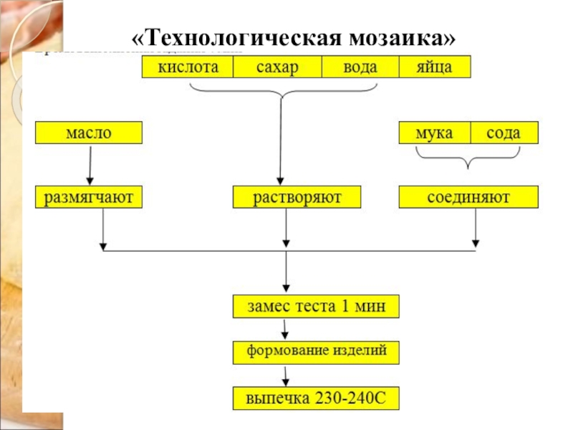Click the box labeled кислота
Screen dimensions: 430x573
[x=188, y=67]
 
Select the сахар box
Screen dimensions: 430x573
[x=276, y=67]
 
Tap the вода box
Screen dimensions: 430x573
[x=360, y=67]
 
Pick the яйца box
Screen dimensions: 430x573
[x=435, y=67]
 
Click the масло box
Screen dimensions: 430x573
[x=89, y=133]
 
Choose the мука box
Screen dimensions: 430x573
[x=435, y=133]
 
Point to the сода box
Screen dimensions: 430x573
[x=504, y=133]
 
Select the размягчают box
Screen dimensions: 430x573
[x=89, y=197]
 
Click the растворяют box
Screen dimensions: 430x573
[x=297, y=197]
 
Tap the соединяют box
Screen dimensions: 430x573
[x=468, y=197]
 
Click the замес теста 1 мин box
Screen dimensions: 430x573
[x=316, y=307]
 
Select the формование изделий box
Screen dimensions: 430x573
[x=316, y=352]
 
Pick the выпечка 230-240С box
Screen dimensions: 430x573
[x=316, y=398]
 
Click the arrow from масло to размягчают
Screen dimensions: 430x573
[x=90, y=164]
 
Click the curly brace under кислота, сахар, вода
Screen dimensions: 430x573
[x=283, y=91]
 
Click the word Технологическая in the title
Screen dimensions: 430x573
[x=236, y=37]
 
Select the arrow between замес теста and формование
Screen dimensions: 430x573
[x=286, y=329]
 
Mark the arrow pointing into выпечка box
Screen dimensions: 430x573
[x=286, y=375]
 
